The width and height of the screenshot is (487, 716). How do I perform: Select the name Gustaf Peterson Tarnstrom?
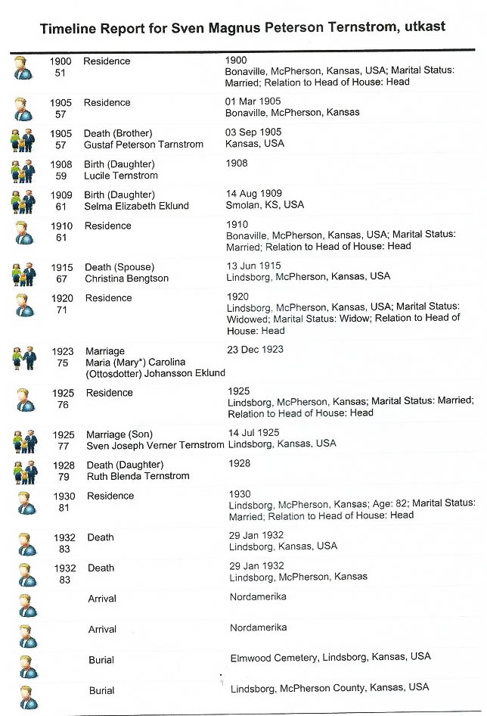(x=144, y=145)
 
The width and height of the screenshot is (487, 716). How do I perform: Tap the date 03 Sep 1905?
(x=253, y=132)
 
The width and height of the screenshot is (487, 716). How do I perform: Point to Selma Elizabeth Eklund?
(x=136, y=206)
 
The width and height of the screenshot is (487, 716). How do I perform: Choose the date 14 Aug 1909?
(x=254, y=194)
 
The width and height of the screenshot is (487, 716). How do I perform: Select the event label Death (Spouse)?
(x=119, y=266)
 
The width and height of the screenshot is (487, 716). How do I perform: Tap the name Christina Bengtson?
(x=126, y=279)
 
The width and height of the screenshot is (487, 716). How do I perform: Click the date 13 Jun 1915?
(x=254, y=266)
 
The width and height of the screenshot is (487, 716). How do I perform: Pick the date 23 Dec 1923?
(x=255, y=350)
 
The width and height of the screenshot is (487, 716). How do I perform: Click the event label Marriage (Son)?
(x=119, y=434)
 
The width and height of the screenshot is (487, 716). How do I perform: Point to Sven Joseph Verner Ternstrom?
(x=155, y=446)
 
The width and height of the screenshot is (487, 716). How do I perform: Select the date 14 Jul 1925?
(x=253, y=433)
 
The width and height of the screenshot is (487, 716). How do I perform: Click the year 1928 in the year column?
(x=63, y=464)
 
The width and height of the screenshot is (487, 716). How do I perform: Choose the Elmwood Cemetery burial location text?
(x=330, y=658)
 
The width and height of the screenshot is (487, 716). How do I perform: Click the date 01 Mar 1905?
(x=253, y=101)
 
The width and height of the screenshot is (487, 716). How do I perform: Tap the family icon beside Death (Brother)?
(x=23, y=139)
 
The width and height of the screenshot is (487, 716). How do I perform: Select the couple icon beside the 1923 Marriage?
(x=24, y=356)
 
